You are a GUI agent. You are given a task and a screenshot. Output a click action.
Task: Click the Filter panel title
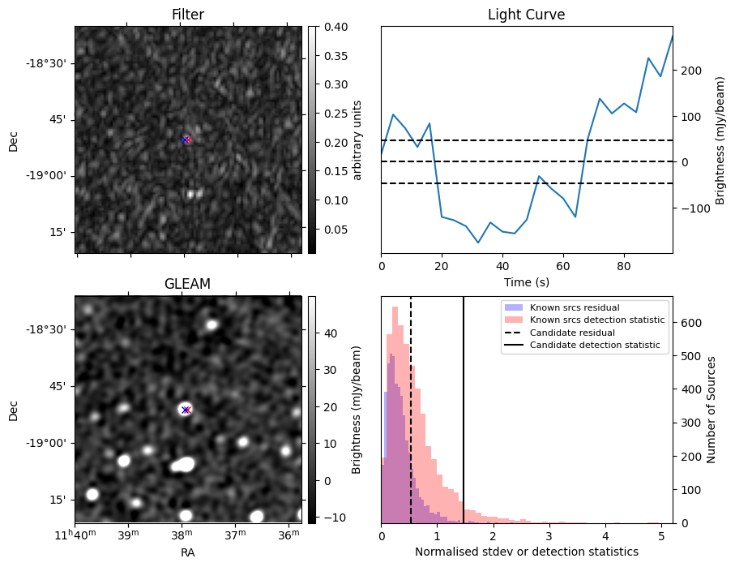188,15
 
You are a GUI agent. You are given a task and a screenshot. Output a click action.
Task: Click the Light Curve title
526,15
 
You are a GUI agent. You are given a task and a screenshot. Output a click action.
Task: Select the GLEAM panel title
187,284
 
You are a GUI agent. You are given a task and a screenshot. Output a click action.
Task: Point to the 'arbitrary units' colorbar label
357,140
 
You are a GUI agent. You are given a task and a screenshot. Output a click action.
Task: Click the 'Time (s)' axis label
526,281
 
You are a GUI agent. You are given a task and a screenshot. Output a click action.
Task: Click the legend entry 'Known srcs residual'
575,308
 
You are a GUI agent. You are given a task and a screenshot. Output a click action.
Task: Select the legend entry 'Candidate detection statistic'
594,346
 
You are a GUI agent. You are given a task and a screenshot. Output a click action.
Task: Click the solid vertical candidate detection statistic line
464,422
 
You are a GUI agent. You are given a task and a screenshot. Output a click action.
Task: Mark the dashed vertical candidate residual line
411,422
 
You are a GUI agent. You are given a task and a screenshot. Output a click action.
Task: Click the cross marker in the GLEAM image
186,410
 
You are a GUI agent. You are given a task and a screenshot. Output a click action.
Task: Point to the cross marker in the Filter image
186,140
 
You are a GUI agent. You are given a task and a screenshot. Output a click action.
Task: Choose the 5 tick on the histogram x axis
661,536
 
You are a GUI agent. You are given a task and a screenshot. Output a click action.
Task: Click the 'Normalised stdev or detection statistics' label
526,552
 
